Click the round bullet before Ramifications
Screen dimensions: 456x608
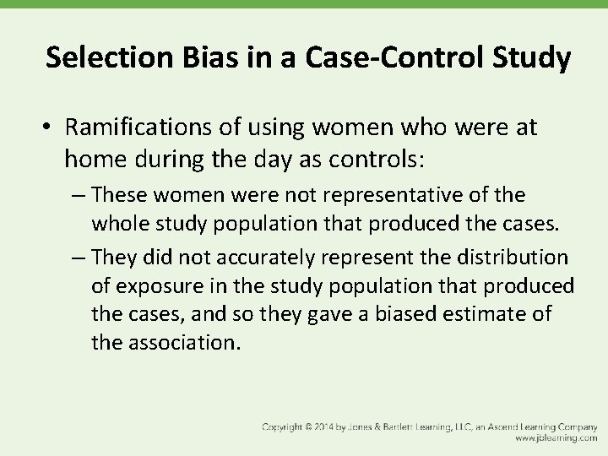[49, 128]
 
